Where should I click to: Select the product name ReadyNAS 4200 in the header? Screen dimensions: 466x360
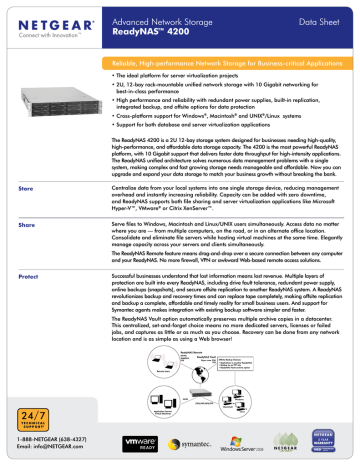161,29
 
